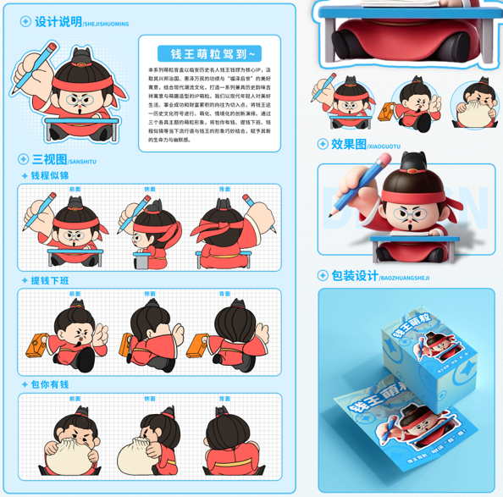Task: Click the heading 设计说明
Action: tap(58, 22)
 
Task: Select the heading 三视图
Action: tap(50, 159)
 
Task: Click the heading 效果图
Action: tap(348, 145)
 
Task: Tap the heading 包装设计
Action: tap(354, 276)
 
